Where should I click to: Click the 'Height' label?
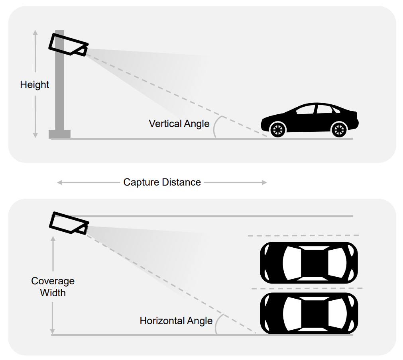tap(35, 85)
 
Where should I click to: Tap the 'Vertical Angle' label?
tap(179, 123)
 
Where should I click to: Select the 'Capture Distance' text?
tap(162, 182)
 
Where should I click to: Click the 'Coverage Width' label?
tap(53, 287)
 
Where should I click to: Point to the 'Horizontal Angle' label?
tap(176, 321)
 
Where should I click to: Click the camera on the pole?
tap(68, 44)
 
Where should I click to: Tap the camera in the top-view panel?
tap(68, 222)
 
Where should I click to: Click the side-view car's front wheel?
tap(277, 129)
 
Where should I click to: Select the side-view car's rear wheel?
tap(339, 129)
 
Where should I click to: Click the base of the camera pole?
tap(59, 134)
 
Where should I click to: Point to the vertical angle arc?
tap(216, 127)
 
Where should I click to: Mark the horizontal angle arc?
tap(216, 325)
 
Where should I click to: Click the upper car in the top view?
tap(309, 263)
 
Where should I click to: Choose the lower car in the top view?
tap(309, 313)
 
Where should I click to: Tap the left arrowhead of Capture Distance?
tap(59, 182)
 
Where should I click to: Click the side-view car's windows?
tap(315, 110)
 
